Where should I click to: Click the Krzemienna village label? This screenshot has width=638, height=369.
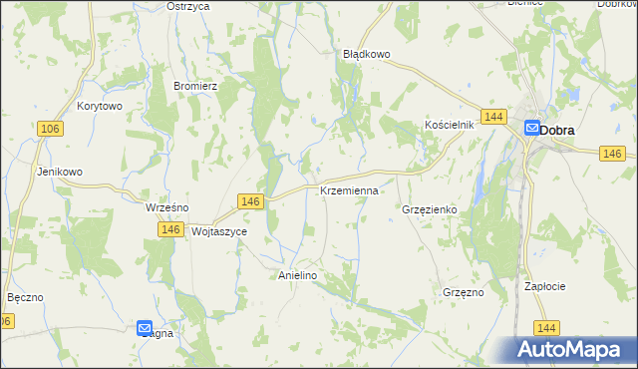pyautogui.click(x=349, y=189)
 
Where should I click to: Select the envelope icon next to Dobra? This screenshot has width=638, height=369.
pyautogui.click(x=532, y=128)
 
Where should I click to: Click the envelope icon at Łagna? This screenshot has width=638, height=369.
pyautogui.click(x=145, y=327)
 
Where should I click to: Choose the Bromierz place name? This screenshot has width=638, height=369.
pyautogui.click(x=195, y=87)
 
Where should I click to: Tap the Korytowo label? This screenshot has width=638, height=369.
pyautogui.click(x=99, y=106)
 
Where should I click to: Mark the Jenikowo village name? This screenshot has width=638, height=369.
pyautogui.click(x=60, y=172)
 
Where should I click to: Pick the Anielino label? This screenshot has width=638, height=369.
pyautogui.click(x=296, y=275)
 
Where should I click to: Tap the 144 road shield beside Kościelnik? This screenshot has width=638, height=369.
pyautogui.click(x=491, y=117)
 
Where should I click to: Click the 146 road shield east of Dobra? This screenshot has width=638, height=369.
pyautogui.click(x=613, y=153)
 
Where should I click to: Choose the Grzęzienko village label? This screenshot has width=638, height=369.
pyautogui.click(x=429, y=210)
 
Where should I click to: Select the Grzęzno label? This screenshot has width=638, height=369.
pyautogui.click(x=463, y=292)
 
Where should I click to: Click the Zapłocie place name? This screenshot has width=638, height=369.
pyautogui.click(x=545, y=286)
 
